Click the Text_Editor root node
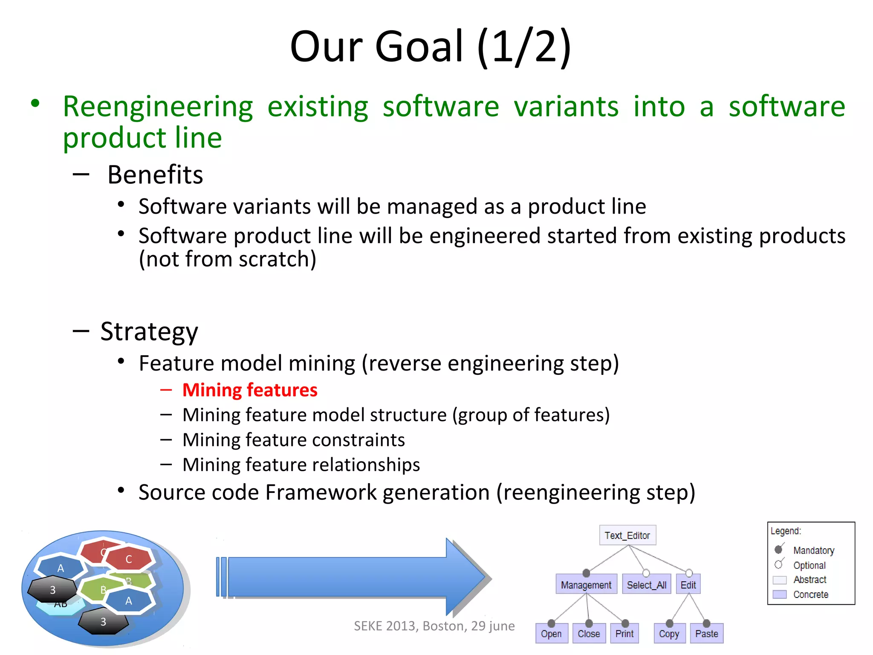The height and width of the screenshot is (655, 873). pyautogui.click(x=627, y=535)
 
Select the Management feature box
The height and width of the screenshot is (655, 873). pyautogui.click(x=586, y=585)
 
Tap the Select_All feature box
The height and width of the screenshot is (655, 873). pyautogui.click(x=646, y=585)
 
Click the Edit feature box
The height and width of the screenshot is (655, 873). pyautogui.click(x=688, y=585)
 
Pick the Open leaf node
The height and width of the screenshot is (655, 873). pyautogui.click(x=551, y=634)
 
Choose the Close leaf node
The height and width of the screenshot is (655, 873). pyautogui.click(x=589, y=634)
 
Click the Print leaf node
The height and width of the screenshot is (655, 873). pyautogui.click(x=624, y=634)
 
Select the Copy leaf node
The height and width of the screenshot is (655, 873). pyautogui.click(x=669, y=634)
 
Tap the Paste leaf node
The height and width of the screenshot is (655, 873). pyautogui.click(x=706, y=634)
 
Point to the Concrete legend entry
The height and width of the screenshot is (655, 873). pyautogui.click(x=810, y=594)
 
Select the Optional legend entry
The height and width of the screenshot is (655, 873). pyautogui.click(x=809, y=565)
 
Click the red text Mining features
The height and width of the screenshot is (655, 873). pyautogui.click(x=250, y=390)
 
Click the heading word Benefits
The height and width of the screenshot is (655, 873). pyautogui.click(x=155, y=175)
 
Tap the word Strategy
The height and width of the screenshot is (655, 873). pyautogui.click(x=149, y=332)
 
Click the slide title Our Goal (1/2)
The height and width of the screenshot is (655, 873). pyautogui.click(x=431, y=46)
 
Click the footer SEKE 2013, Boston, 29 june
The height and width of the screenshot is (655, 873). pyautogui.click(x=434, y=626)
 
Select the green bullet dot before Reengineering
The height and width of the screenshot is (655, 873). pyautogui.click(x=35, y=103)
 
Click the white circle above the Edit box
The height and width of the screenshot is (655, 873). pyautogui.click(x=689, y=573)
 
